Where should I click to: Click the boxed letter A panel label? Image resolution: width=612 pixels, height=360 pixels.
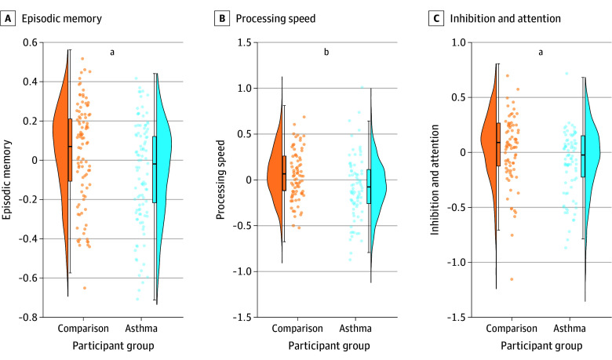pyautogui.click(x=8, y=18)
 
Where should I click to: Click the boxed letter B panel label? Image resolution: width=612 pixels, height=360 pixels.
pyautogui.click(x=222, y=18)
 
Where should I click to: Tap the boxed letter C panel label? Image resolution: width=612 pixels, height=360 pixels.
pyautogui.click(x=436, y=18)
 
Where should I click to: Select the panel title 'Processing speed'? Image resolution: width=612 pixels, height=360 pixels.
pyautogui.click(x=275, y=18)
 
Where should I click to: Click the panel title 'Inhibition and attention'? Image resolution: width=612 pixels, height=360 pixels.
pyautogui.click(x=505, y=18)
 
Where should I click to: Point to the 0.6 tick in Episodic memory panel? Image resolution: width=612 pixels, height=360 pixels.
pyautogui.click(x=30, y=42)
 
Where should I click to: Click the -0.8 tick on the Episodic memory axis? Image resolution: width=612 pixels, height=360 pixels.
pyautogui.click(x=28, y=317)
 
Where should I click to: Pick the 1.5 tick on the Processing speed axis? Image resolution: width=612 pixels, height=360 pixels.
pyautogui.click(x=245, y=42)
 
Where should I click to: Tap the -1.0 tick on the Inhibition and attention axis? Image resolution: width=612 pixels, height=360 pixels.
pyautogui.click(x=457, y=262)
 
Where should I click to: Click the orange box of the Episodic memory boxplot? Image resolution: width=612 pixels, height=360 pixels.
pyautogui.click(x=71, y=150)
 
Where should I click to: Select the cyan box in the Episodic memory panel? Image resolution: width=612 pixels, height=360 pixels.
pyautogui.click(x=155, y=169)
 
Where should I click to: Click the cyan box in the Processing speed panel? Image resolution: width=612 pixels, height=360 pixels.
pyautogui.click(x=369, y=187)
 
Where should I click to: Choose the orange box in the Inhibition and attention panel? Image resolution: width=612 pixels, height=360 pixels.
pyautogui.click(x=498, y=144)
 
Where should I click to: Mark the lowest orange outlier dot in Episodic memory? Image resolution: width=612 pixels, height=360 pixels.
pyautogui.click(x=84, y=288)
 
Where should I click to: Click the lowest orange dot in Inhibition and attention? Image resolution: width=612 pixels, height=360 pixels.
pyautogui.click(x=512, y=279)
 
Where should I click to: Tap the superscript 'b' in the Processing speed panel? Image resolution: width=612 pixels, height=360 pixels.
pyautogui.click(x=326, y=52)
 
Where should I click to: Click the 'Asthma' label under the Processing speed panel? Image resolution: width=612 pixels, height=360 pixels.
pyautogui.click(x=355, y=328)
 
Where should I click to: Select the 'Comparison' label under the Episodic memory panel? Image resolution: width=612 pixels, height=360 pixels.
pyautogui.click(x=83, y=329)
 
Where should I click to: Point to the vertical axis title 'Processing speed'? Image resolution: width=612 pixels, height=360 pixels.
pyautogui.click(x=220, y=180)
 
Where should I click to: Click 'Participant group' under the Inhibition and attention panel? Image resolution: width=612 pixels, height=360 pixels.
pyautogui.click(x=541, y=346)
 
